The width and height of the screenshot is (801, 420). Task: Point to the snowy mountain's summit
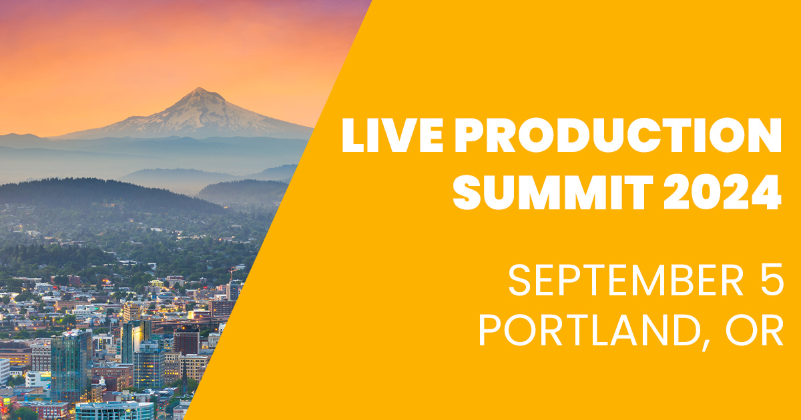coord(198,90)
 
